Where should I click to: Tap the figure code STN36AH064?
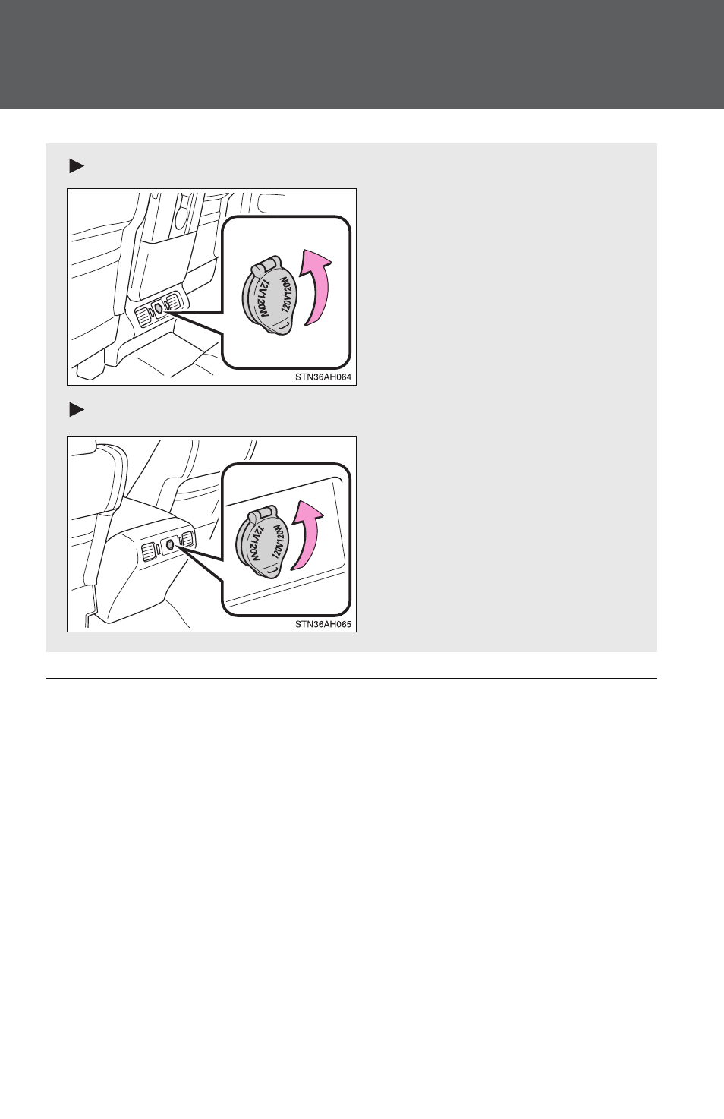pos(323,377)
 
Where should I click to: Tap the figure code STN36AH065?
pos(323,624)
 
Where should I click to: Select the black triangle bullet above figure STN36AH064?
pos(77,165)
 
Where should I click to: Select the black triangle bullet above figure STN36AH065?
pos(77,410)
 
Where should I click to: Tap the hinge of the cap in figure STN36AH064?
pos(264,264)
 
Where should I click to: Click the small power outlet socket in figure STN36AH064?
pos(159,309)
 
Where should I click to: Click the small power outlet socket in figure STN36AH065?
pos(170,544)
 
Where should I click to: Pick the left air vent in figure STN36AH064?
pos(143,317)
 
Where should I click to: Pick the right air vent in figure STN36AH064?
pos(173,301)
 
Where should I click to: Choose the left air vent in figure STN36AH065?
pos(150,552)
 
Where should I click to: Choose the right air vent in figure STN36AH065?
pos(187,538)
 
